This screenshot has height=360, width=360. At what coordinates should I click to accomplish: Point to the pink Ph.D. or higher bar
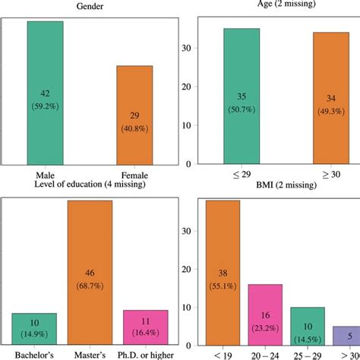[x=146, y=330]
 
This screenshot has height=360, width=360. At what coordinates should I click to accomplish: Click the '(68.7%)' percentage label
[x=90, y=285]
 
